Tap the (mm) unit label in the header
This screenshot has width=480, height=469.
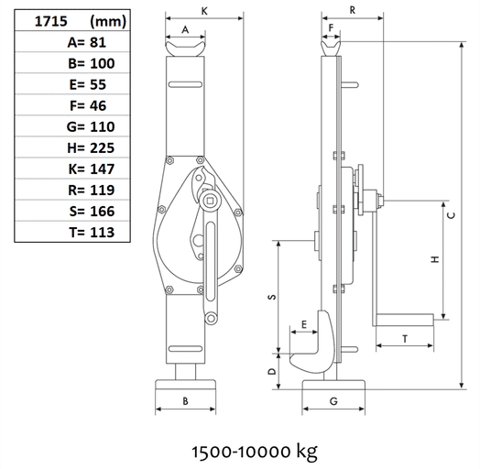(110, 18)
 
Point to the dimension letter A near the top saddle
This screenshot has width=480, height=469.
(186, 30)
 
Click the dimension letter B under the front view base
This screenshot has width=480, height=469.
(185, 401)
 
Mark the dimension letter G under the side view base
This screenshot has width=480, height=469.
(333, 401)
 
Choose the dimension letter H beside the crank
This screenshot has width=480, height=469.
(436, 259)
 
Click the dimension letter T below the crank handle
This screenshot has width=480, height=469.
(404, 339)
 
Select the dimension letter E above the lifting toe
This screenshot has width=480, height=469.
(302, 323)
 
